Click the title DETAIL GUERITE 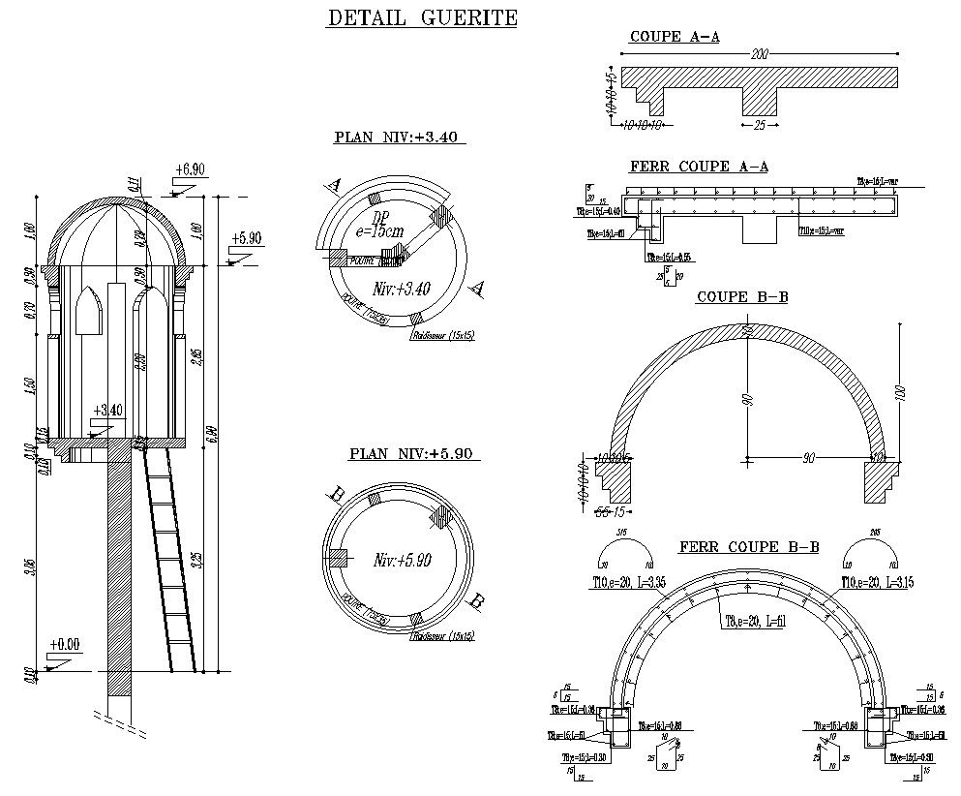pos(422,18)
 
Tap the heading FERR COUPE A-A pos(699,167)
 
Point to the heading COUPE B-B pos(741,296)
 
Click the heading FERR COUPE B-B pos(749,547)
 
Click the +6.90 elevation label pos(190,169)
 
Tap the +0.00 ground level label pos(67,644)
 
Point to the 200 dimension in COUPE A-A pos(759,55)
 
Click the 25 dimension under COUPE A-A pos(759,126)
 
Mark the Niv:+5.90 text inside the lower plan pos(402,560)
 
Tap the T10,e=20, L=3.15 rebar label pos(878,583)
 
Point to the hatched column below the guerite pos(119,571)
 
